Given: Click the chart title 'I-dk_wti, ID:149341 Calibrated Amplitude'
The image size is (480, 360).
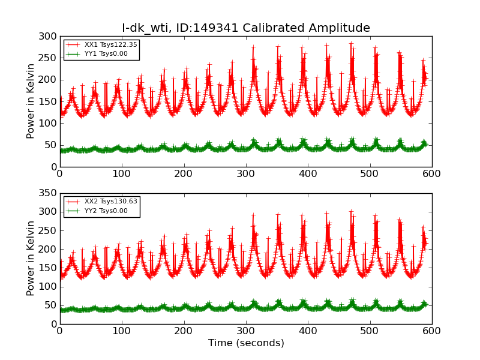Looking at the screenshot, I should pos(246,28).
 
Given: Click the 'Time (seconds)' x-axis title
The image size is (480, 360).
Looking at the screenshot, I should pos(246,343).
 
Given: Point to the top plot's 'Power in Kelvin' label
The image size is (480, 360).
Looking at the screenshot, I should pos(31,101).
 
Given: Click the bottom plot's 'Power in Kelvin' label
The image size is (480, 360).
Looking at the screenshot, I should pos(31,259).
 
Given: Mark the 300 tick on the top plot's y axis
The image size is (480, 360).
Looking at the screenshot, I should pos(48,36).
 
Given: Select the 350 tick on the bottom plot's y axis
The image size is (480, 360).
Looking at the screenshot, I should pos(48,193).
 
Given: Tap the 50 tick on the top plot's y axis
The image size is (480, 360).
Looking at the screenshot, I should pos(50,145).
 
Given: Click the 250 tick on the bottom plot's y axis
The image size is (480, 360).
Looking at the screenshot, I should pos(48,230).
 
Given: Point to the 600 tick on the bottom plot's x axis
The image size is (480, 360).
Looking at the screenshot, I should pos(431,331).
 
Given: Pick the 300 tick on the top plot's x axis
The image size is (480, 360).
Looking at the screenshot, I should pos(246,173).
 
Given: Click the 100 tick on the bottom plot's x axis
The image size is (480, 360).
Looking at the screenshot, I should pos(122,331).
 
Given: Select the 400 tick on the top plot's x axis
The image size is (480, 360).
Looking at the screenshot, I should pos(308,173).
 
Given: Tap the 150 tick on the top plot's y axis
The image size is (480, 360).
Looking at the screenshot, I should pos(48,101).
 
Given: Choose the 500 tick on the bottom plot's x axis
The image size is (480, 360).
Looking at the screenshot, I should pos(370,331).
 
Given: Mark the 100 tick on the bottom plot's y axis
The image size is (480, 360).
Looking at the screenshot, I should pos(48,286).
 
